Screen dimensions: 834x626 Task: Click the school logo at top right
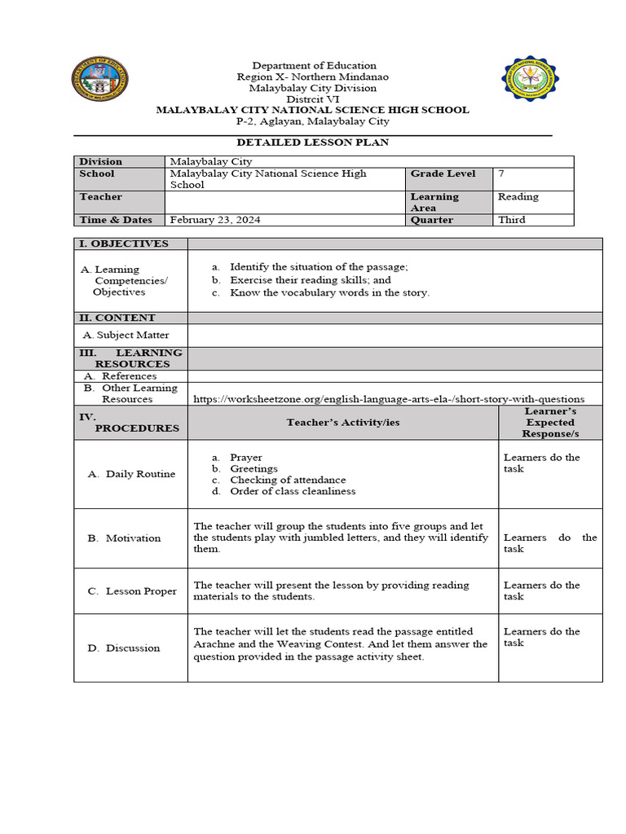[x=531, y=80]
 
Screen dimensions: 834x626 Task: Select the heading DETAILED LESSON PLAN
[x=313, y=143]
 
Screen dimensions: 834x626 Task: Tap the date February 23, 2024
[x=216, y=220]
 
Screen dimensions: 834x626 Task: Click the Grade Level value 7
[x=501, y=173]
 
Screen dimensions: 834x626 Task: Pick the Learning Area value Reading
[x=518, y=196]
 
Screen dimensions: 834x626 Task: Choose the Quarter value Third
[x=511, y=220]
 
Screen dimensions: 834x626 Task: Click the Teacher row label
[x=100, y=197]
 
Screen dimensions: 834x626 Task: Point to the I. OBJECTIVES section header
[x=124, y=244]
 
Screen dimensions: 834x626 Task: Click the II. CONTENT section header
[x=117, y=318]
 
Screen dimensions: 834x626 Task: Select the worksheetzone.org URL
[x=389, y=399]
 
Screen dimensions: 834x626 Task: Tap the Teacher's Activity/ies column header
[x=342, y=422]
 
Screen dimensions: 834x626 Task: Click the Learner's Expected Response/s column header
[x=550, y=422]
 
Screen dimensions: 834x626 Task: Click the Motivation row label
[x=134, y=538]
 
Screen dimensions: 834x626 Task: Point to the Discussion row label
[x=133, y=648]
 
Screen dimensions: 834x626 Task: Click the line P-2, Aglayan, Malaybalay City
[x=313, y=121]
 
